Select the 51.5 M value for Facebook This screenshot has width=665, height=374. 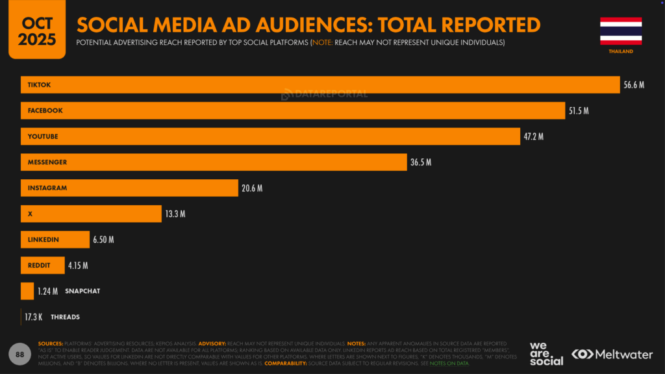pyautogui.click(x=579, y=111)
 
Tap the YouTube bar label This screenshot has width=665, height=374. pyautogui.click(x=43, y=136)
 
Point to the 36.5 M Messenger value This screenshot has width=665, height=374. pyautogui.click(x=421, y=162)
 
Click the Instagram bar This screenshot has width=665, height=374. pyautogui.click(x=130, y=188)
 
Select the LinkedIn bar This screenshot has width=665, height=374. pyautogui.click(x=55, y=240)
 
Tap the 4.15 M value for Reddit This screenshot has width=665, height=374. pyautogui.click(x=78, y=266)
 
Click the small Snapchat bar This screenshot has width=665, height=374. pyautogui.click(x=27, y=291)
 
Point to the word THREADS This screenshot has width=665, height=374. pyautogui.click(x=65, y=317)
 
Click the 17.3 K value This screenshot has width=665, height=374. pyautogui.click(x=34, y=317)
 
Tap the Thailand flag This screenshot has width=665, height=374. pyautogui.click(x=621, y=31)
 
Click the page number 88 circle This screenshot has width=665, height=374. pyautogui.click(x=20, y=354)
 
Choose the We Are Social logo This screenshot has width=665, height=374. pyautogui.click(x=546, y=353)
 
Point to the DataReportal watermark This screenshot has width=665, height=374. pyautogui.click(x=324, y=94)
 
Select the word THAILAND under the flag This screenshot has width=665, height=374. pyautogui.click(x=621, y=51)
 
